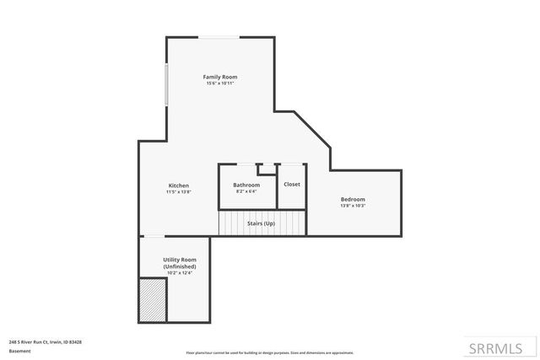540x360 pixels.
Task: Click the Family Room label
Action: [219, 77]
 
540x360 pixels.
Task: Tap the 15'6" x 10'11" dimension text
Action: [219, 83]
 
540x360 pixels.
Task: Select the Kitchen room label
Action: [178, 185]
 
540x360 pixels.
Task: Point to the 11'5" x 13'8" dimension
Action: [178, 192]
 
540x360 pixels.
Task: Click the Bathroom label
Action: [246, 185]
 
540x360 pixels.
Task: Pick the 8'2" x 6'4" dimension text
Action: [246, 191]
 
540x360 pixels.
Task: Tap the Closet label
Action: [291, 185]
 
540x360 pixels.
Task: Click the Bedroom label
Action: [353, 199]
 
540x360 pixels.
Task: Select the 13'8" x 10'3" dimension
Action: [353, 206]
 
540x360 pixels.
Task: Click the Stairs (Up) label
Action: [261, 223]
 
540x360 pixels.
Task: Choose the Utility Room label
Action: [179, 260]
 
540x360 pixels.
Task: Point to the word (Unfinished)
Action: [179, 266]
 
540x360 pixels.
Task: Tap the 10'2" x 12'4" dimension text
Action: [179, 273]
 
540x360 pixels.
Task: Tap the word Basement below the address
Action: [19, 352]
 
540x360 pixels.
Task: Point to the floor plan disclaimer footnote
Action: [269, 352]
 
